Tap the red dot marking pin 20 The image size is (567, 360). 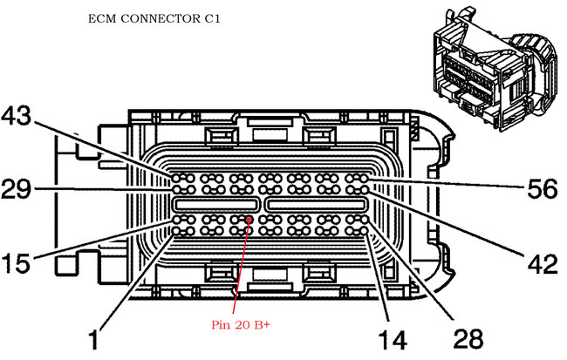(x=249, y=220)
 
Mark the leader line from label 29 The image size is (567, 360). (x=105, y=188)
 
